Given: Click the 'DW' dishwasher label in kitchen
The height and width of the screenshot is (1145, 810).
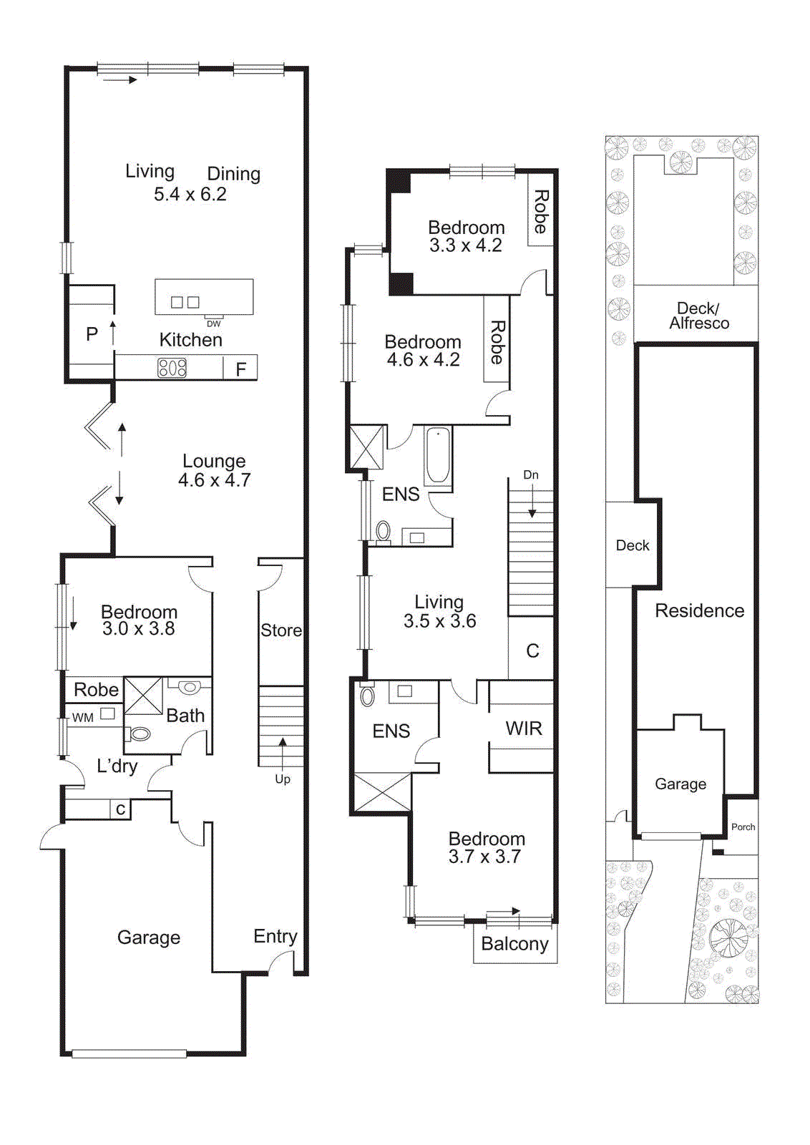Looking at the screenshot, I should (213, 323).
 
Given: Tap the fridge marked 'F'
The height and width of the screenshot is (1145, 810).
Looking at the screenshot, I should (241, 369).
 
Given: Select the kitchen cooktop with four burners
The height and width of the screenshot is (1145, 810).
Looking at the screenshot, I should (172, 368).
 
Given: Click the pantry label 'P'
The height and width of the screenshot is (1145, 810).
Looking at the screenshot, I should (92, 334).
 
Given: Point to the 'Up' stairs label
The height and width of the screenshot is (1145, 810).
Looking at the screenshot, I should (283, 779).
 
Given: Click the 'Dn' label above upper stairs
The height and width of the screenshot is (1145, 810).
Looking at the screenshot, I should (530, 475).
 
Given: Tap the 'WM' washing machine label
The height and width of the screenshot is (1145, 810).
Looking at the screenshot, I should (82, 718).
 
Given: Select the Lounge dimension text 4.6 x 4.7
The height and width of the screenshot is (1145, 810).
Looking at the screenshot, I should (214, 480).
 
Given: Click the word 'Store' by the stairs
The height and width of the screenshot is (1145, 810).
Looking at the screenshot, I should (280, 630).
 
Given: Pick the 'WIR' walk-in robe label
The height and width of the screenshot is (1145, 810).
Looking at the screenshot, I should (524, 729).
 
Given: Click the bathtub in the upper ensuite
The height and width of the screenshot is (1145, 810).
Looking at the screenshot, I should (438, 456).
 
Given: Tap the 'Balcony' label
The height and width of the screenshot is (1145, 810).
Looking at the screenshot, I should (514, 944).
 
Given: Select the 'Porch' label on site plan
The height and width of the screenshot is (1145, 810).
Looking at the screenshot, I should (743, 827).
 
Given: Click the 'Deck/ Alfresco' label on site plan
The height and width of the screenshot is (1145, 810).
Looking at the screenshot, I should (698, 316).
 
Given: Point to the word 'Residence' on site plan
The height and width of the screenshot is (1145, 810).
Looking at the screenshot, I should (699, 610).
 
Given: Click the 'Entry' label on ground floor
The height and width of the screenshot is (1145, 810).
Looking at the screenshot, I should (275, 936).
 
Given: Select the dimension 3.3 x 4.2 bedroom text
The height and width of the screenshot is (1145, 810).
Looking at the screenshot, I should (465, 245).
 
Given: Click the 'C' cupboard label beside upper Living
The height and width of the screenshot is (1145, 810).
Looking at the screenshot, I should (532, 651).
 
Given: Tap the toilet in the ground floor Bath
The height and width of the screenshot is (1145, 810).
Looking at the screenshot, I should (140, 734).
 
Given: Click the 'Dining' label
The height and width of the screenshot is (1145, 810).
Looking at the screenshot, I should (233, 174).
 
